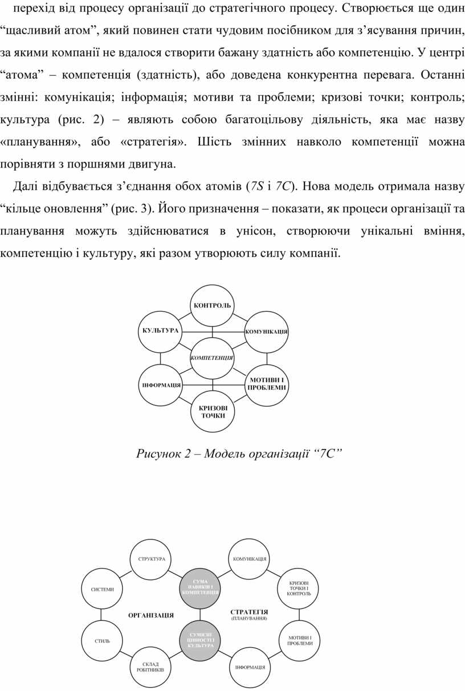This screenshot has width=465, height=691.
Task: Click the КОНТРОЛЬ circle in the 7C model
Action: click(x=212, y=306)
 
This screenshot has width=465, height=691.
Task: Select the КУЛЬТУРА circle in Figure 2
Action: click(x=160, y=330)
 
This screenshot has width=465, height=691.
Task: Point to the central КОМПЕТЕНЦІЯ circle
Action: click(x=212, y=358)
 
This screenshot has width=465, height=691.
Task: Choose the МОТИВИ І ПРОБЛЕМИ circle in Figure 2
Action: click(x=266, y=383)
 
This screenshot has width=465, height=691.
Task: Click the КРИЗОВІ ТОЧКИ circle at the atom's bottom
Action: click(x=212, y=411)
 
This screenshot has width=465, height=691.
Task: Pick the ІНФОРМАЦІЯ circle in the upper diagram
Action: click(x=161, y=385)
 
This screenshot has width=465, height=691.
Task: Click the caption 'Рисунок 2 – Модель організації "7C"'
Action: click(x=238, y=453)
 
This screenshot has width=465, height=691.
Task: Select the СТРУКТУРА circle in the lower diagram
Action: click(x=152, y=559)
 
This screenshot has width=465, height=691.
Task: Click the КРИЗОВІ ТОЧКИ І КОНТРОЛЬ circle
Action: click(x=299, y=589)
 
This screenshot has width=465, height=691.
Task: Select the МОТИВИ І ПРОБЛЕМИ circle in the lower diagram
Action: click(x=300, y=640)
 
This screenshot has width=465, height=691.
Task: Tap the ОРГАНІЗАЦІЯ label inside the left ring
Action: click(x=151, y=615)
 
